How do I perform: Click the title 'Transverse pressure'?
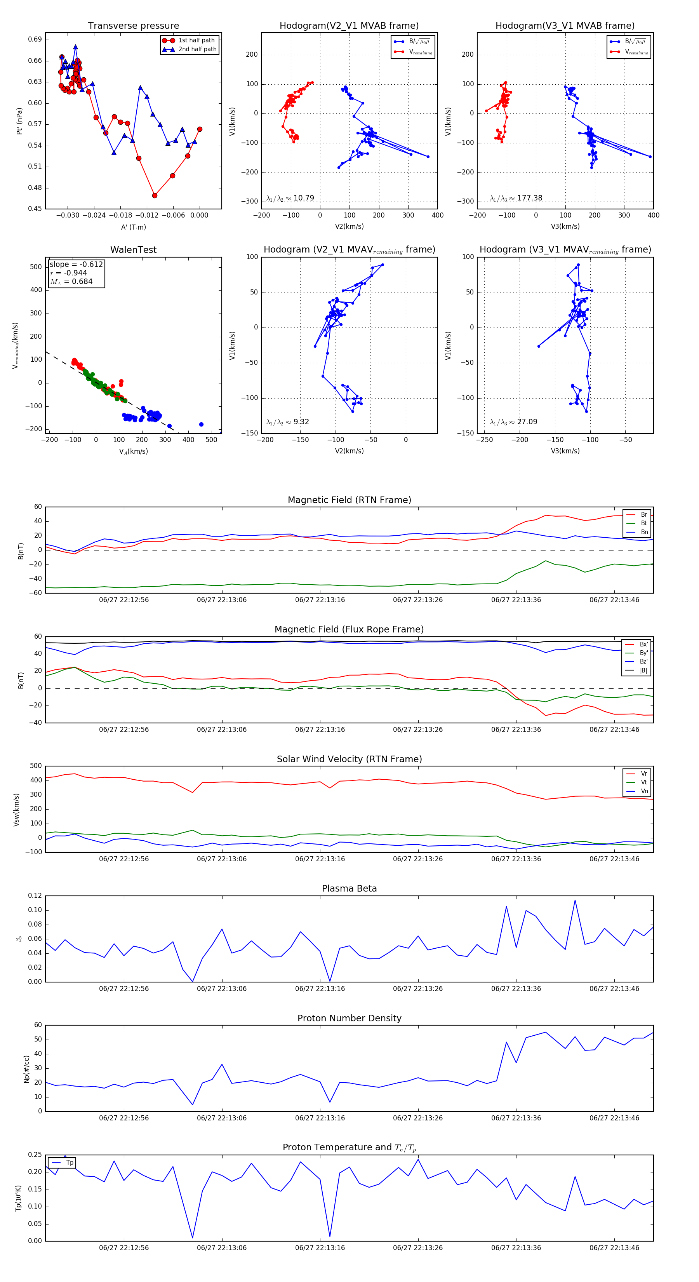pyautogui.click(x=133, y=26)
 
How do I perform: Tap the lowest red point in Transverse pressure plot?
pyautogui.click(x=155, y=195)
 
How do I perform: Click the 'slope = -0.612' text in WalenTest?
pyautogui.click(x=76, y=264)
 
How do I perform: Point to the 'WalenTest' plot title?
pyautogui.click(x=133, y=250)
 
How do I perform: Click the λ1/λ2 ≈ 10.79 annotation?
pyautogui.click(x=290, y=198)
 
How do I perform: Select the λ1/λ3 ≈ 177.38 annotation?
pyautogui.click(x=516, y=198)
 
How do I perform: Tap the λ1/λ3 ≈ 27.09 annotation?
pyautogui.click(x=513, y=422)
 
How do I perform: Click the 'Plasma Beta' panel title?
pyautogui.click(x=349, y=889)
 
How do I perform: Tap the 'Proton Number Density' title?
pyautogui.click(x=349, y=1018)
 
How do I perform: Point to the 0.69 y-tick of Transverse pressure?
pyautogui.click(x=35, y=39)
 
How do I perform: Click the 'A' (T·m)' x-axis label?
pyautogui.click(x=133, y=227)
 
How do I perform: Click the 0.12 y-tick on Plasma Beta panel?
pyautogui.click(x=35, y=896)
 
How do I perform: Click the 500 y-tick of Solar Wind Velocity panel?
pyautogui.click(x=36, y=766)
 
